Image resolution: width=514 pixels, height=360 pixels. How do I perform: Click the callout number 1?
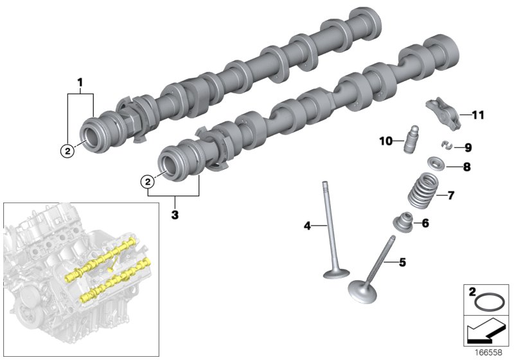80,82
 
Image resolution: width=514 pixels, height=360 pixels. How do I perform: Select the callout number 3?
174,213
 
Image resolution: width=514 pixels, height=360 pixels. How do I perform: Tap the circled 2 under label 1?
66,151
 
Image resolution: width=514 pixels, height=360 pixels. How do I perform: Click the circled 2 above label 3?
148,183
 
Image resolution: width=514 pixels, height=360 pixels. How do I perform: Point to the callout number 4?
307,226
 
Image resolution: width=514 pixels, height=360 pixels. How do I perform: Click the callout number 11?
476,116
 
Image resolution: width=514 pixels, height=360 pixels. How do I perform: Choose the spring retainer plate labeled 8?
438,166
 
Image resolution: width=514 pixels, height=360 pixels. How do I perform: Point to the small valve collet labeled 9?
445,145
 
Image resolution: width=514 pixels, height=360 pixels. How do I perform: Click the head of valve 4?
338,275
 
